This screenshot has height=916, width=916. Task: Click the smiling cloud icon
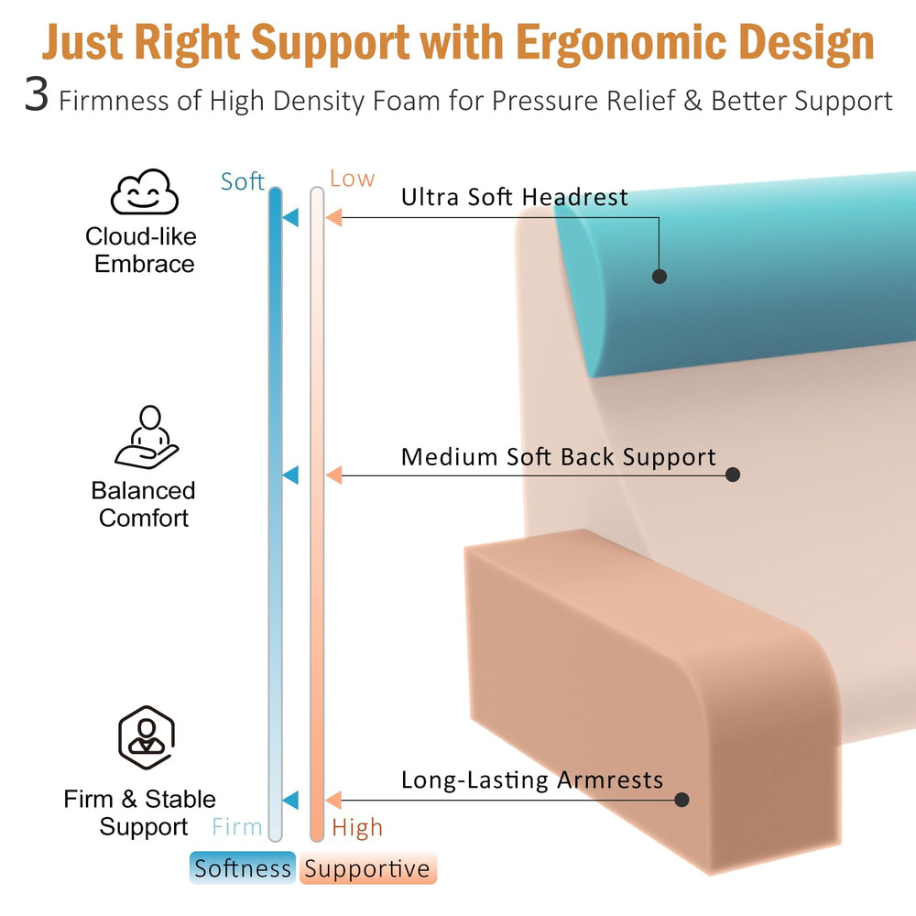tap(145, 191)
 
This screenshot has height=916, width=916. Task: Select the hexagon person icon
tap(147, 737)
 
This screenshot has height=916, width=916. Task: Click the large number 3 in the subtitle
tap(37, 94)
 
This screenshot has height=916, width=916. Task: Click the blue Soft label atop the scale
tap(242, 181)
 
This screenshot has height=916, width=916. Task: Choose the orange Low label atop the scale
tap(353, 179)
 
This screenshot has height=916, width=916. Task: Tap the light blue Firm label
tap(236, 827)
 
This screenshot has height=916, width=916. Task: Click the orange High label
tap(357, 828)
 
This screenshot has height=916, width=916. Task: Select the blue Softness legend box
tap(243, 868)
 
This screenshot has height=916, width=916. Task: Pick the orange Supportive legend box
tap(368, 868)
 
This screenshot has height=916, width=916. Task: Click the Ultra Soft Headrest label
tap(514, 198)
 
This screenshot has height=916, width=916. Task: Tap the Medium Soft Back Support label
tap(559, 457)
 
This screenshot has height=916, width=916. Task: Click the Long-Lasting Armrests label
tap(532, 780)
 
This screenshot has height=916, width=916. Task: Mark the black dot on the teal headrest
tap(660, 277)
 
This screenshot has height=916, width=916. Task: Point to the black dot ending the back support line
tap(733, 474)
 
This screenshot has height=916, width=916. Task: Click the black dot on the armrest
tap(682, 800)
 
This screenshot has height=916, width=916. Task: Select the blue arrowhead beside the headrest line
tap(291, 217)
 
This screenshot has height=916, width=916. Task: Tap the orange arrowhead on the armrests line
tap(333, 801)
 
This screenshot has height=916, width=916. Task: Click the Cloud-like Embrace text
tap(141, 250)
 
